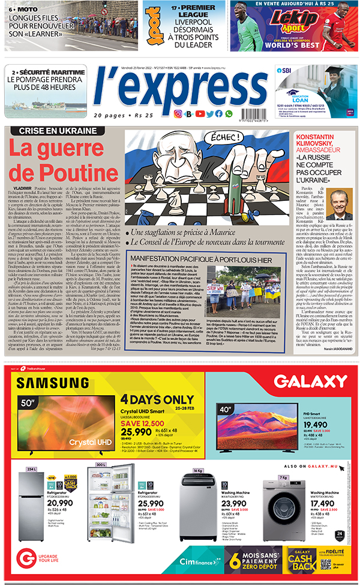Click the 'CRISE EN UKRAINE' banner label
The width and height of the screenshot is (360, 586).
[58, 131]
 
